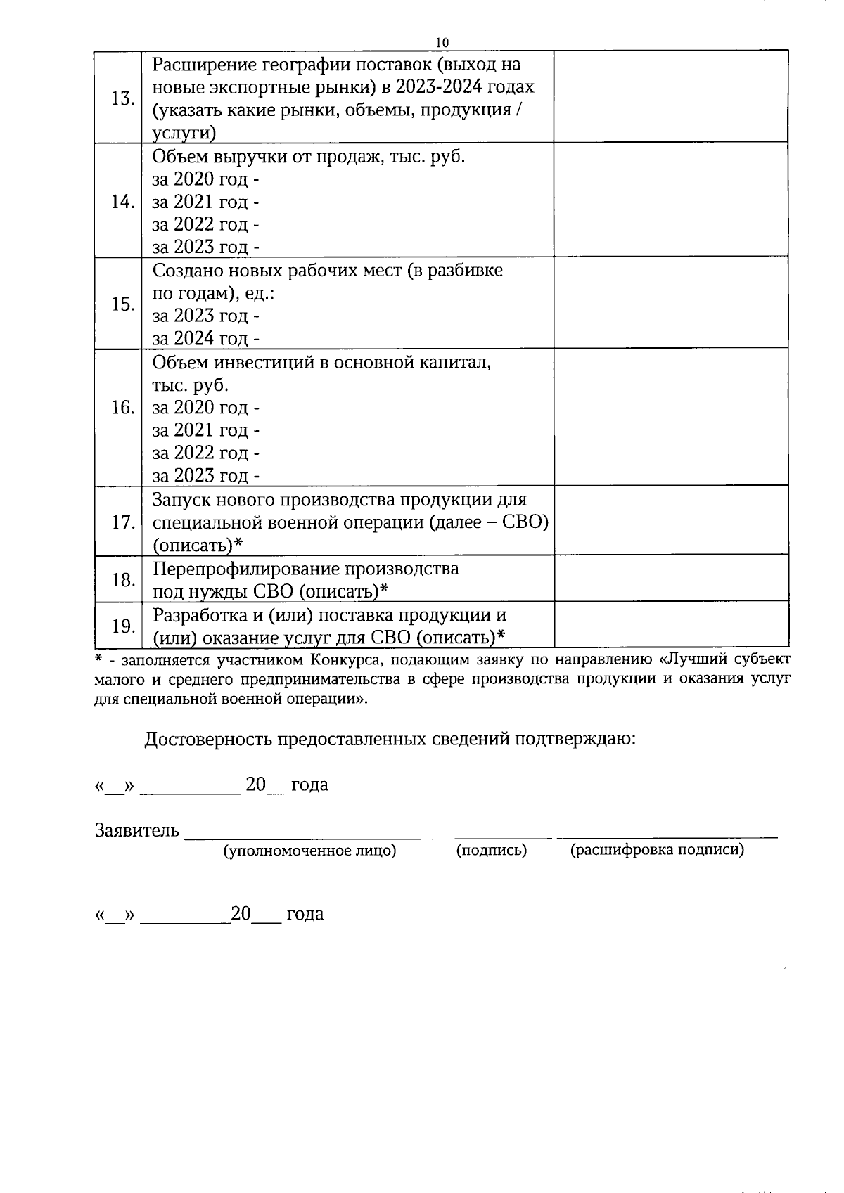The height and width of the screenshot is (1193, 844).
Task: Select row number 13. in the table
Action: coord(122,98)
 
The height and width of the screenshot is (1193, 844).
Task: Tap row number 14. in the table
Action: coord(122,202)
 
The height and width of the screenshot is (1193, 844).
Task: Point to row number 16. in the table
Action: coord(122,408)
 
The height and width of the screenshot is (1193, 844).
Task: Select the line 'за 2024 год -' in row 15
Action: coord(205,339)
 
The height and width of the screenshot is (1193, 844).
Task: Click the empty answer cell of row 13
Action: coord(670,97)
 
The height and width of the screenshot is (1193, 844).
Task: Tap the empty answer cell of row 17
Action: coord(670,521)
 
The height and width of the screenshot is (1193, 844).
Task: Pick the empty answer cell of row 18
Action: coord(670,579)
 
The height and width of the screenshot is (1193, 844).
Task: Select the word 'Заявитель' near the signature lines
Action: coord(137,831)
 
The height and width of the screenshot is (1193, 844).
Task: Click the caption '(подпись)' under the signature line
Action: coord(491,851)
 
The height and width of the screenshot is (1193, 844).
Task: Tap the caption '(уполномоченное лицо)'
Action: coord(309,851)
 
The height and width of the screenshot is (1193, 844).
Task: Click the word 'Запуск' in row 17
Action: coord(181,500)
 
